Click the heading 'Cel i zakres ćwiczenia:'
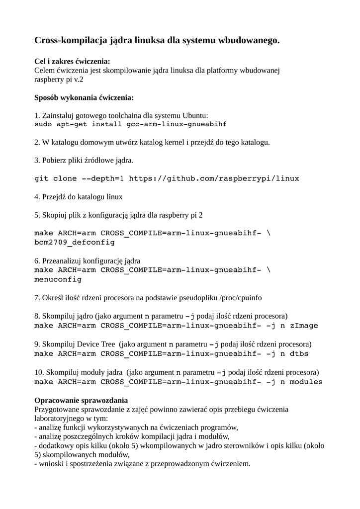72,62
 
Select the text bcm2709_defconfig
74,243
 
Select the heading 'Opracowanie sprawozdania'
81,400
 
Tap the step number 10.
39,372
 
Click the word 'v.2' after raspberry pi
78,79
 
